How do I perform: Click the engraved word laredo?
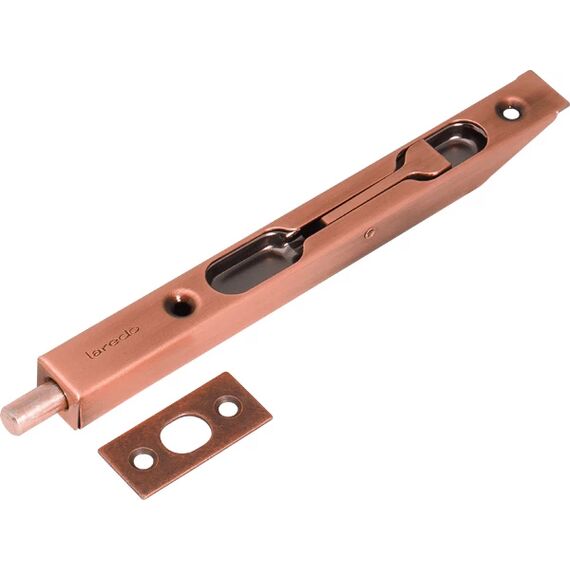(113, 341)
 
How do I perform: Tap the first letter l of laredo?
(88, 354)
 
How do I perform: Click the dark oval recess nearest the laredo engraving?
(254, 260)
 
